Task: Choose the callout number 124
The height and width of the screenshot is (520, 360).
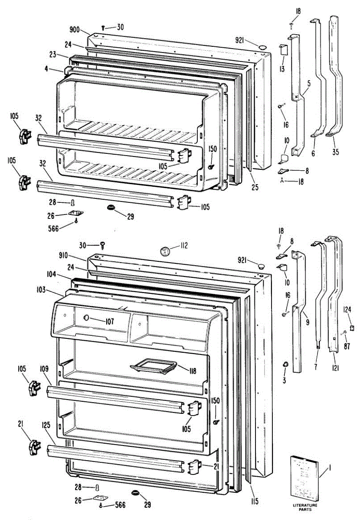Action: click(x=347, y=309)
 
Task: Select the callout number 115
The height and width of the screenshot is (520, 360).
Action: click(x=254, y=501)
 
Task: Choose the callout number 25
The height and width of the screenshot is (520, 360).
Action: click(x=255, y=188)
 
